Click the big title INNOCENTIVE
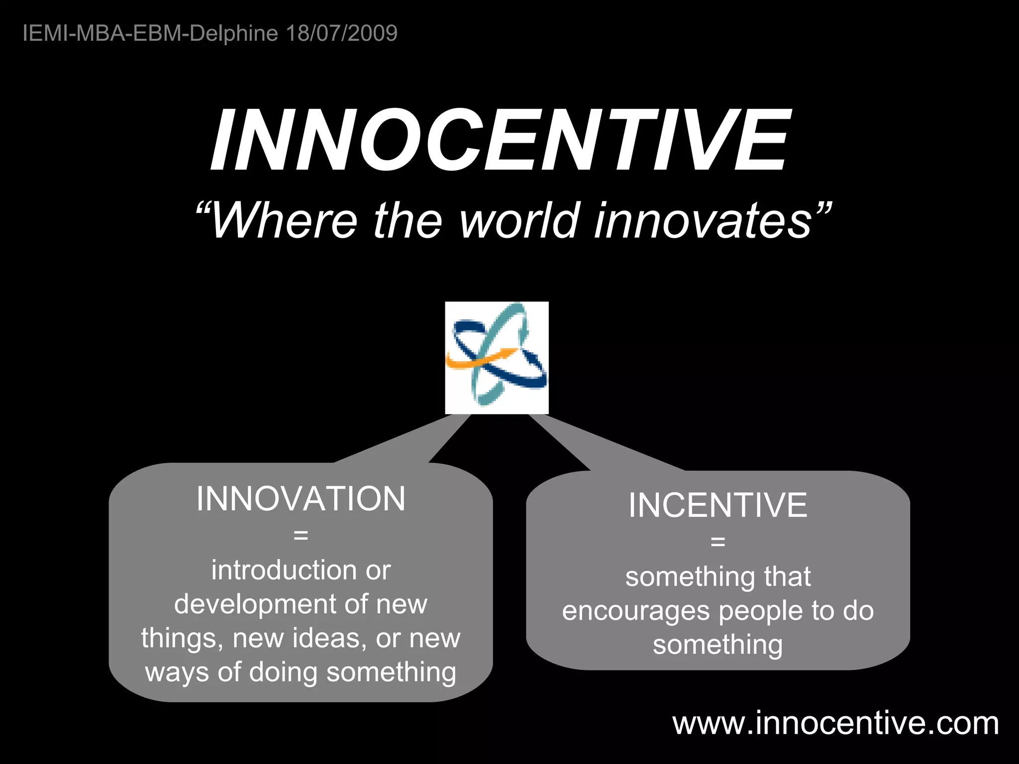click(x=500, y=140)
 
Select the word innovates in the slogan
click(x=704, y=220)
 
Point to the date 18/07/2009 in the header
click(x=342, y=33)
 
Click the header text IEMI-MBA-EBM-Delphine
click(x=150, y=33)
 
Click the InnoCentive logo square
click(x=497, y=358)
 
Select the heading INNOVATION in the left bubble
click(x=301, y=499)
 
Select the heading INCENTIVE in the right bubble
click(x=717, y=505)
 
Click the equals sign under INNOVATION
click(x=301, y=536)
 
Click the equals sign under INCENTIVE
click(x=717, y=542)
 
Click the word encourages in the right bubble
click(x=635, y=611)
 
